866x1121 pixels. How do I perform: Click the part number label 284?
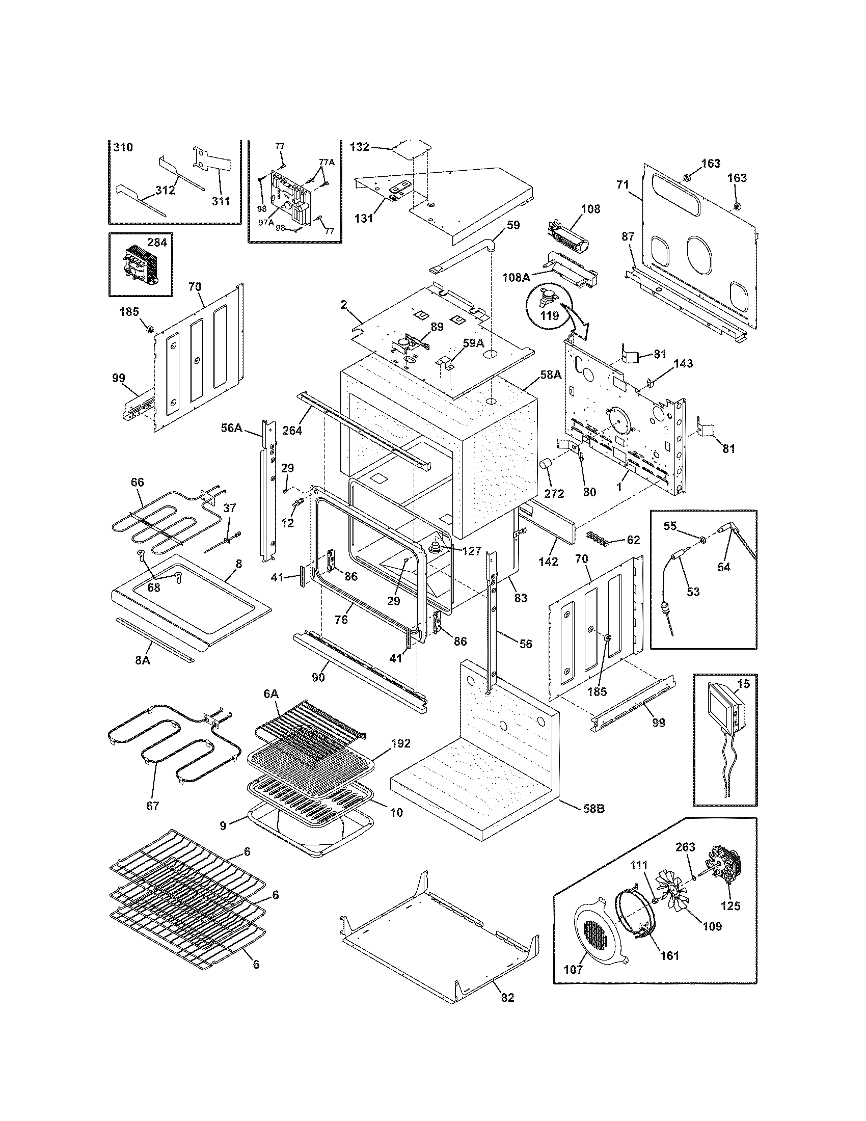[x=157, y=243]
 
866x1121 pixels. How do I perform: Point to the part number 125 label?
[x=730, y=906]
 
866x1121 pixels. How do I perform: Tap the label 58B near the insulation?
[x=593, y=809]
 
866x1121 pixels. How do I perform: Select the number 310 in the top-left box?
[x=123, y=147]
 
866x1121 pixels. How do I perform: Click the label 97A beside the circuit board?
[x=266, y=222]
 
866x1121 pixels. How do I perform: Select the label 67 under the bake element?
[x=152, y=806]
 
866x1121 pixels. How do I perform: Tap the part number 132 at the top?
[x=360, y=147]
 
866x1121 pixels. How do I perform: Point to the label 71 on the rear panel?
[x=623, y=185]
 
